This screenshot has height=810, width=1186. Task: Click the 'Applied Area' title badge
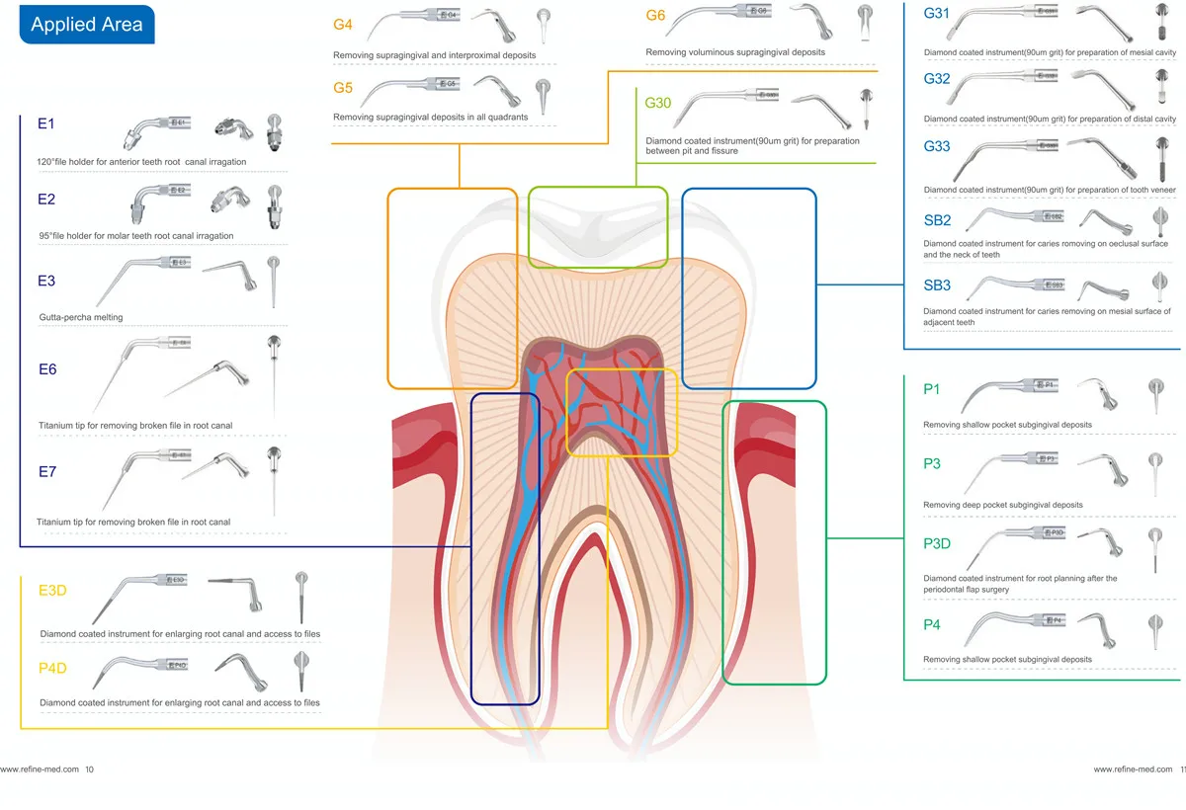(86, 25)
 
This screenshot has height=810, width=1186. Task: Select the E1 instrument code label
(46, 124)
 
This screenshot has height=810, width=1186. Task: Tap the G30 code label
(658, 104)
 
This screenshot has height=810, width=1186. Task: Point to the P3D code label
(937, 543)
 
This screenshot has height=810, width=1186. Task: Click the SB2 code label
(937, 220)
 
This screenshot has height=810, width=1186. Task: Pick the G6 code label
(655, 16)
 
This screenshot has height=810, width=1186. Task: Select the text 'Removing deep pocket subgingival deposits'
(1002, 506)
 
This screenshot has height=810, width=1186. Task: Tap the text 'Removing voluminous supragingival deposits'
(734, 52)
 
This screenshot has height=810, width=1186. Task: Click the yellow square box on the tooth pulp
(622, 412)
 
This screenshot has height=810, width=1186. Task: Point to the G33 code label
(937, 147)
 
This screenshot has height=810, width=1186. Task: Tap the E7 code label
(46, 472)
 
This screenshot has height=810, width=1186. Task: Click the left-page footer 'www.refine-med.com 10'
(46, 769)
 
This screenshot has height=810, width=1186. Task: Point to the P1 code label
(932, 389)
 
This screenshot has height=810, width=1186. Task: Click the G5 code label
(343, 89)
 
